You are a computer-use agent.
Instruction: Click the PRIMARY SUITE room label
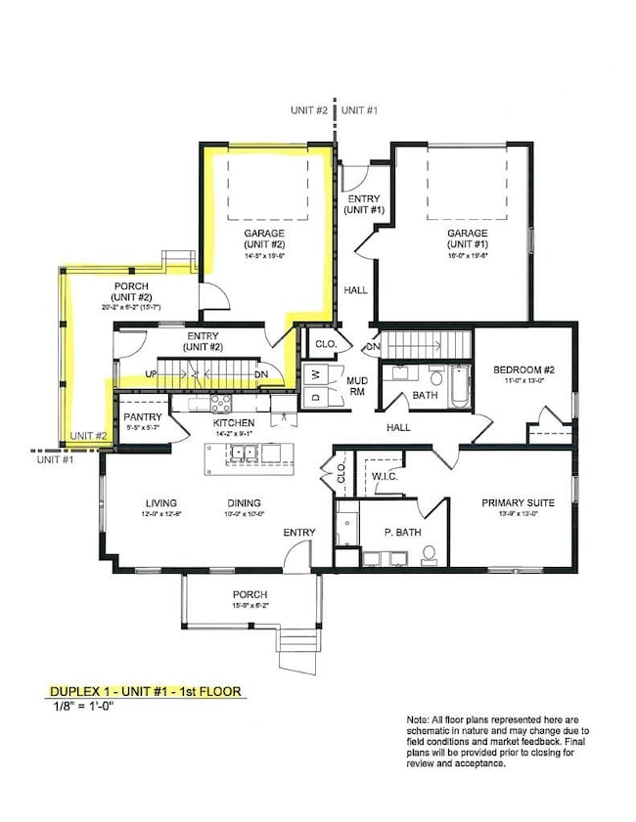[x=518, y=503]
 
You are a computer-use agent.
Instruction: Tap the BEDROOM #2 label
[x=523, y=369]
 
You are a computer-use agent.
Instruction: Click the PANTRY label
[x=142, y=416]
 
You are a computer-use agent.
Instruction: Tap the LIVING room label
[x=156, y=503]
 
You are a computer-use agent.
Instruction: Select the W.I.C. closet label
[x=384, y=477]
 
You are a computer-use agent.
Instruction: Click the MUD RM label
[x=356, y=385]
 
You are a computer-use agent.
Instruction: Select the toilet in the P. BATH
[x=429, y=554]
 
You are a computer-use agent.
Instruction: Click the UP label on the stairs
[x=150, y=374]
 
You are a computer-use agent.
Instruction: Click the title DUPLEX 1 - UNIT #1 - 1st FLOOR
[x=144, y=692]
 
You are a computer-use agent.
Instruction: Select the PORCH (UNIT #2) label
[x=130, y=291]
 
